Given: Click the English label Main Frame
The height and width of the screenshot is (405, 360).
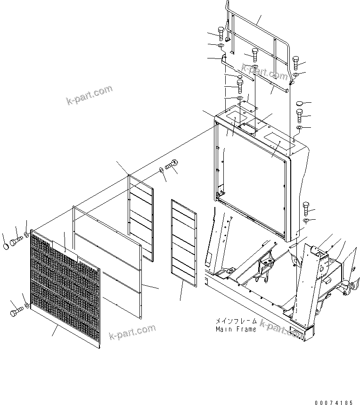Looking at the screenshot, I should [x=236, y=329].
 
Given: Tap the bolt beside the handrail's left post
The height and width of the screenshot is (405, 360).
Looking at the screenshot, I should [x=221, y=32].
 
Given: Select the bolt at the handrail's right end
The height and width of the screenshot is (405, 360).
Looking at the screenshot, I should [x=296, y=61].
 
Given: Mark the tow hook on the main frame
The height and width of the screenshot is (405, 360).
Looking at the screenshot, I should [x=349, y=286].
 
